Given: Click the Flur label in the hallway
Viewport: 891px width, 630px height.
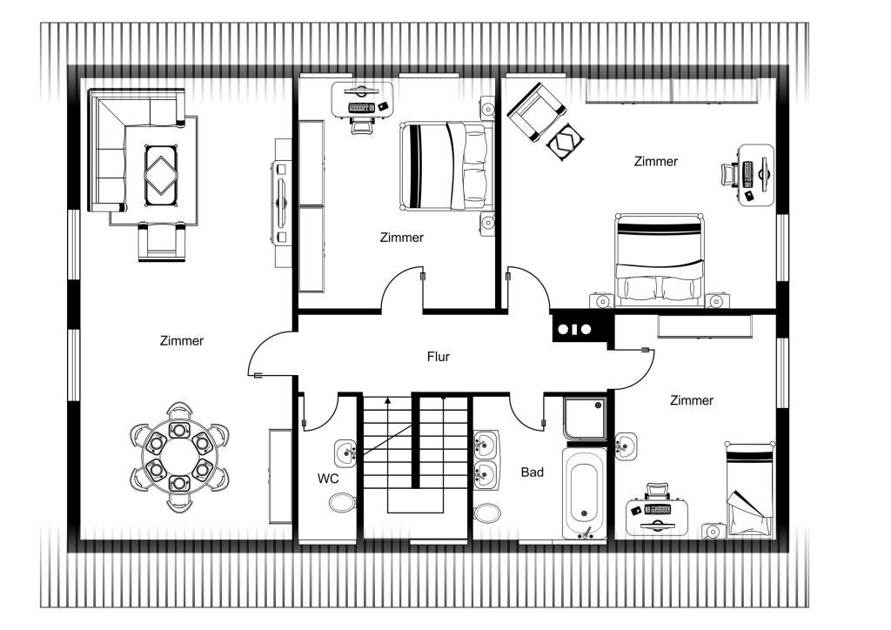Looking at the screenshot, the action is point(439,357).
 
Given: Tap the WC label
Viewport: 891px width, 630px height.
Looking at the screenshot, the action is point(328,479).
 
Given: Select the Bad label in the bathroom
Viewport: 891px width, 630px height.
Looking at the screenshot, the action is point(532,473).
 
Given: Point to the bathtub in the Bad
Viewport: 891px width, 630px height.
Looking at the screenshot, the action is point(585,492).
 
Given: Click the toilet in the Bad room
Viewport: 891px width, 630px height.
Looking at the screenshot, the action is point(487,513).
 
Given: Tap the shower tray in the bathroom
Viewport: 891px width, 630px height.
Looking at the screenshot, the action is point(585,419).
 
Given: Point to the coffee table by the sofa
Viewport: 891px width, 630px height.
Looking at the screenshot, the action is point(161,176).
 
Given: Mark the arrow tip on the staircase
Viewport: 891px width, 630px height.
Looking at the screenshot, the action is point(388,399).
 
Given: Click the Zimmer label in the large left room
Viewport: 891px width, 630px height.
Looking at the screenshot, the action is point(181,341).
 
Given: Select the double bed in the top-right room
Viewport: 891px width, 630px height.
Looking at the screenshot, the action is point(660,258).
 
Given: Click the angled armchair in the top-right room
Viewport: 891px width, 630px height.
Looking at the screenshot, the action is point(536,111).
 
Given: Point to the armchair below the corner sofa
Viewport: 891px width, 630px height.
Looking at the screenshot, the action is point(162,241).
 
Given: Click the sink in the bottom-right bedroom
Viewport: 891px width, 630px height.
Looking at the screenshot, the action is point(626,446).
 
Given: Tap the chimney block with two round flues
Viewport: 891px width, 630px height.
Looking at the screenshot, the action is point(573,329).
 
